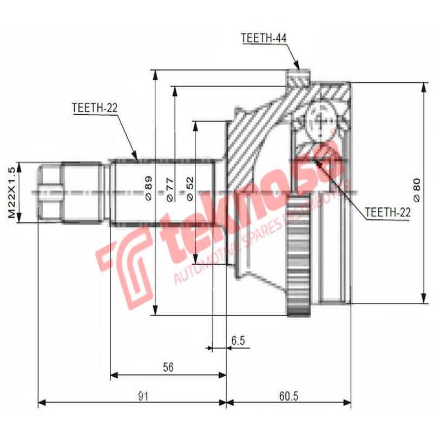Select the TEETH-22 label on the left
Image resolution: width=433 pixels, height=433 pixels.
(94, 108)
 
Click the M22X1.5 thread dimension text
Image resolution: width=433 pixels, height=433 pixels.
(11, 193)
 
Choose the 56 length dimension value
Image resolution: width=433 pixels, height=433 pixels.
(168, 368)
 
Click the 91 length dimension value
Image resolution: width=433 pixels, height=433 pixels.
(142, 396)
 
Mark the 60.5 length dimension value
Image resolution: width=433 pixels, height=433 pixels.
(288, 396)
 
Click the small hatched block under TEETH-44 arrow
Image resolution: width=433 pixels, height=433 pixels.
(298, 80)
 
